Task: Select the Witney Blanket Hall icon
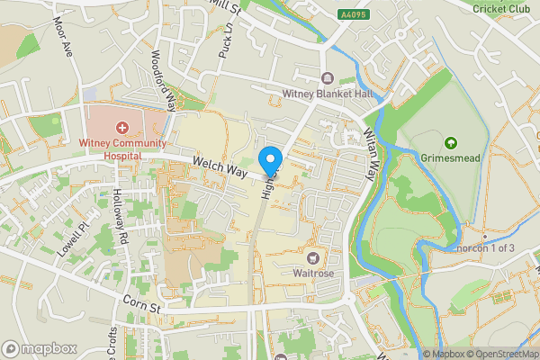pyautogui.click(x=326, y=77)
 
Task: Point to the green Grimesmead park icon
pyautogui.click(x=448, y=141)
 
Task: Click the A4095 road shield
pyautogui.click(x=354, y=14)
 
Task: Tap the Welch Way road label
pyautogui.click(x=220, y=166)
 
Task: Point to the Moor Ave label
pyautogui.click(x=62, y=36)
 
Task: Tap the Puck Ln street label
pyautogui.click(x=225, y=41)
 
